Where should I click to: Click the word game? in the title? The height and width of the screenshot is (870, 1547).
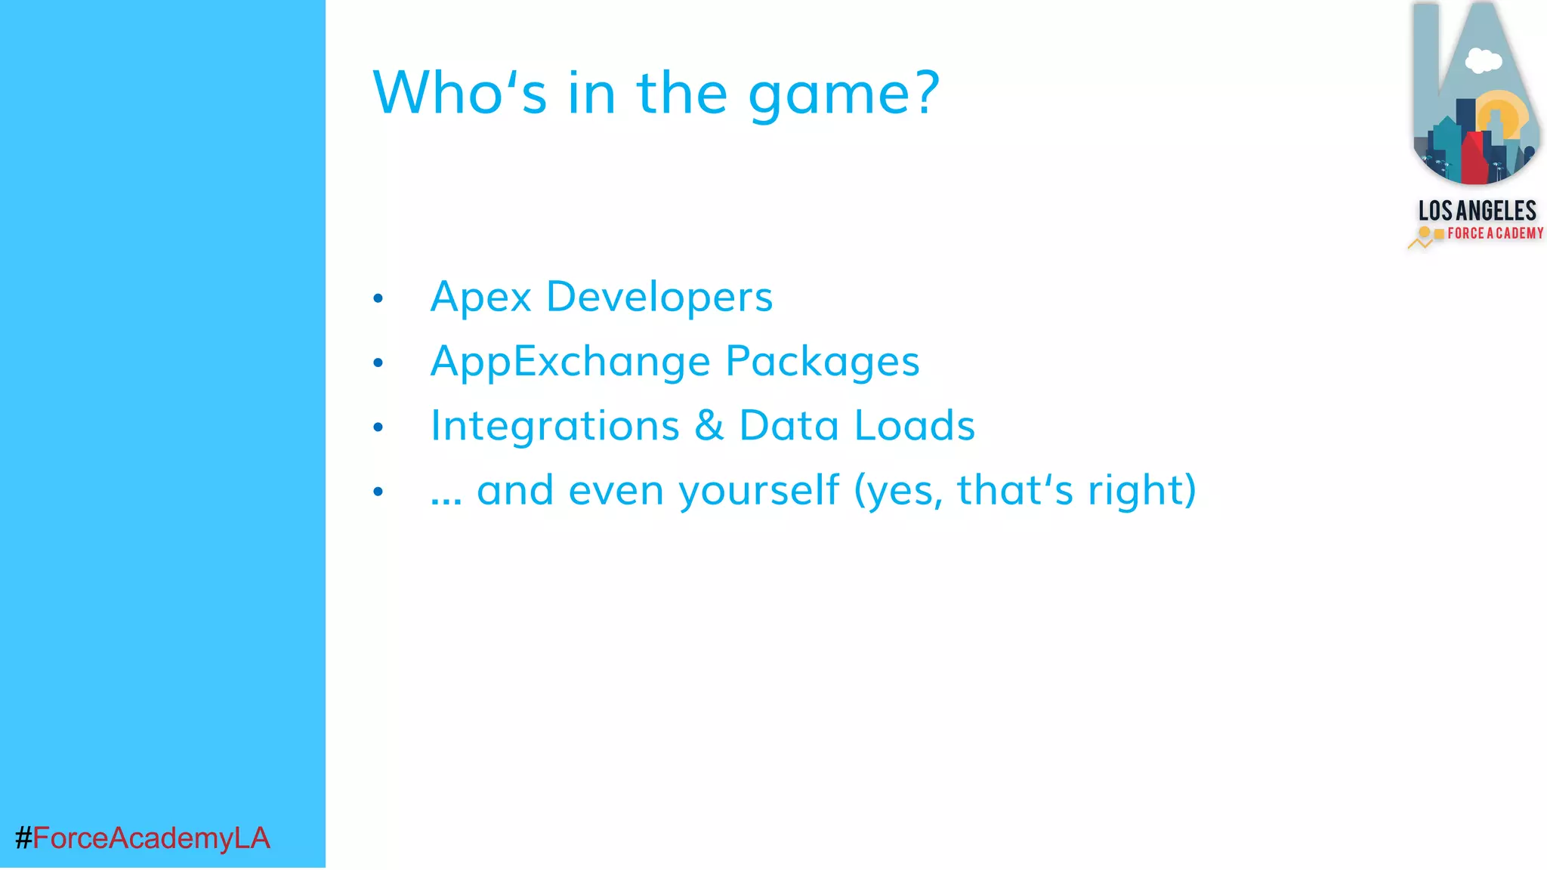(844, 94)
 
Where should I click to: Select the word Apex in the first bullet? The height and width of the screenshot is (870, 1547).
(480, 297)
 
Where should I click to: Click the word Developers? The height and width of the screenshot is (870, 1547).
(659, 297)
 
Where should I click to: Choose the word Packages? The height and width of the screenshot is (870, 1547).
(823, 362)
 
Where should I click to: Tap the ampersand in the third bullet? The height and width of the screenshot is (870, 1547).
(709, 425)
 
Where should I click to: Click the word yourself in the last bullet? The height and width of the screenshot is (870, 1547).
(758, 491)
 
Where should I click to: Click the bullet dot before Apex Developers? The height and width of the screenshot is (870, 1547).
(378, 299)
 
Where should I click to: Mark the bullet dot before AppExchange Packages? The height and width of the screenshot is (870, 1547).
(378, 363)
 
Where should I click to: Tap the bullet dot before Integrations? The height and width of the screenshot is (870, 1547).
(378, 428)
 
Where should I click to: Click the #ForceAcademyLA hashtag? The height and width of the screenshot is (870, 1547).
(143, 838)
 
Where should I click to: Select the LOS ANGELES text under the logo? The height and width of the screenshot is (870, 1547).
(1477, 211)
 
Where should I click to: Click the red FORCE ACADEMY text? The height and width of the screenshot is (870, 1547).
(1495, 233)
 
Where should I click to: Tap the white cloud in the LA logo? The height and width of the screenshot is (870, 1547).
(1483, 60)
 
